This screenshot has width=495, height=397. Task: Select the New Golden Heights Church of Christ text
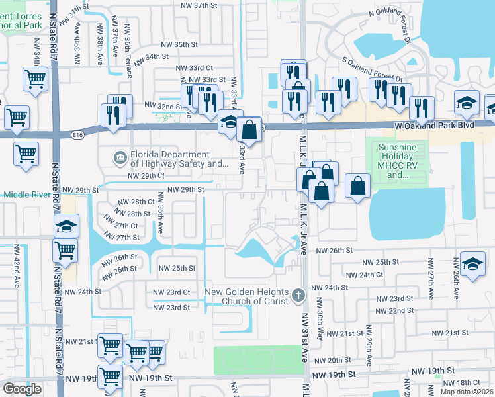(x=246, y=297)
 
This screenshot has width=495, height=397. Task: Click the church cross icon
(x=298, y=293)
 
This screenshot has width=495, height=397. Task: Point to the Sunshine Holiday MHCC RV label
(x=397, y=161)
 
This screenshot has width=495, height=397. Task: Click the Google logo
(x=22, y=389)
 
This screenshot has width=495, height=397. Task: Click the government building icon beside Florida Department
(x=120, y=157)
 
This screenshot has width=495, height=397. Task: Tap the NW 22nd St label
(x=394, y=310)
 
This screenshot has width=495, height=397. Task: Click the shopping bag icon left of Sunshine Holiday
(x=357, y=186)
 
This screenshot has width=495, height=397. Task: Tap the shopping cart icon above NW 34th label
(x=34, y=79)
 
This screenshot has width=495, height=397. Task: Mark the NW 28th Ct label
(x=136, y=202)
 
